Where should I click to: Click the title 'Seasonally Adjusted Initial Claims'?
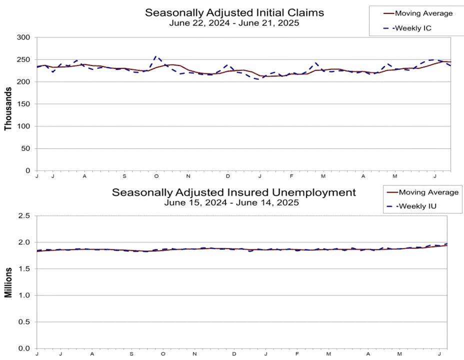pos(234,12)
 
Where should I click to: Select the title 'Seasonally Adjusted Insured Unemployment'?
pos(234,192)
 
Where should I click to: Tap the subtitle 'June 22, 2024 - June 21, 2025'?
pos(234,23)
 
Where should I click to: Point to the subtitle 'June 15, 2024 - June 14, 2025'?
pos(231,202)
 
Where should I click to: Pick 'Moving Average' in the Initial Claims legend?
pos(424,13)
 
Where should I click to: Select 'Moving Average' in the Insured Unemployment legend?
pos(428,192)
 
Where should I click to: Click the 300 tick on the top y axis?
pos(23,37)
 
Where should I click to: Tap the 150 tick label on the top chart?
pos(23,104)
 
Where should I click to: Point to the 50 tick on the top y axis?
pos(25,148)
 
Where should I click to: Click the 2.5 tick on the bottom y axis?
pos(24,215)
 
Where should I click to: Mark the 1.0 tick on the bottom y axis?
pos(24,295)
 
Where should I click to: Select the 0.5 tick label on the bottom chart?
pos(24,322)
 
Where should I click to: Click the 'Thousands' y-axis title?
pos(8,108)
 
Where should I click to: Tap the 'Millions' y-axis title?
pos(8,282)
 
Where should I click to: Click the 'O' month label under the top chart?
pos(156,176)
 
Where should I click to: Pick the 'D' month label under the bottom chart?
pos(234,354)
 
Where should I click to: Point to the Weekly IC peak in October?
pos(156,56)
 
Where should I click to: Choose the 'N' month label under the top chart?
pos(188,176)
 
